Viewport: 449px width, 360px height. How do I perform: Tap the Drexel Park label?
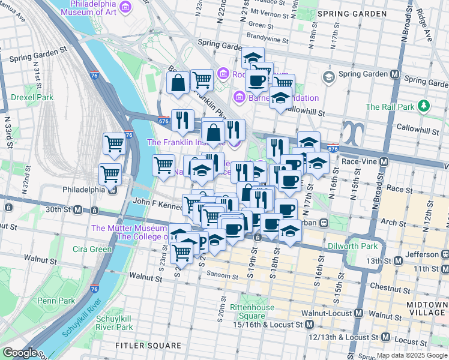(32, 97)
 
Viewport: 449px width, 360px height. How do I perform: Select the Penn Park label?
(55, 300)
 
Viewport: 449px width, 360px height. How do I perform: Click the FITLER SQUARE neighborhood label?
(148, 346)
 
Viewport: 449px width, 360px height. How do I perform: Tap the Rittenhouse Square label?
(254, 311)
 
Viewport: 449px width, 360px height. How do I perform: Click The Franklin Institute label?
(186, 142)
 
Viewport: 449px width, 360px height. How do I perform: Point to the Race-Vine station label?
(363, 161)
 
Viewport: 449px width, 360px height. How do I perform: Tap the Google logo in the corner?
(20, 353)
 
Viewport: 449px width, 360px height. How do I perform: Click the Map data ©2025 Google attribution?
(411, 355)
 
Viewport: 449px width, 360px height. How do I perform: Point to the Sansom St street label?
(223, 275)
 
